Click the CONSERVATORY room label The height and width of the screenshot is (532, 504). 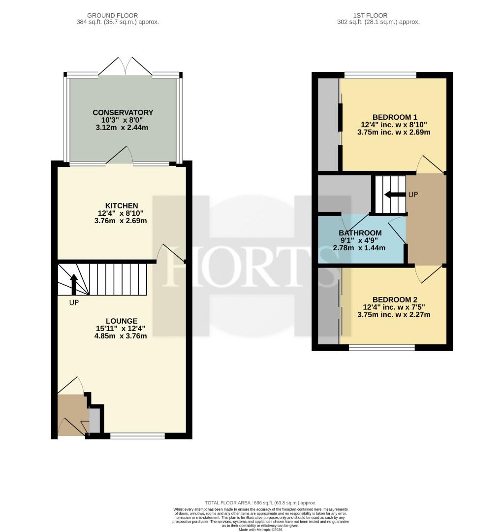123,112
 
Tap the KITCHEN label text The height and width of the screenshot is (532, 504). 122,205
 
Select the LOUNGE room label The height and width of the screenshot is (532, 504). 122,321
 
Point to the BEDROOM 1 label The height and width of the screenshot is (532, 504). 395,117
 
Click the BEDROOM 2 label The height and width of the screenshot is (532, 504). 395,299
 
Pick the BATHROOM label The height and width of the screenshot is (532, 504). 360,233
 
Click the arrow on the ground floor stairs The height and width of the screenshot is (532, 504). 73,284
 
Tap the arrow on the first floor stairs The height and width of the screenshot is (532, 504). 395,195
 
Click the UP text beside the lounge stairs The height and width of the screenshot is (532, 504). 74,302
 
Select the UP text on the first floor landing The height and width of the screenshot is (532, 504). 413,195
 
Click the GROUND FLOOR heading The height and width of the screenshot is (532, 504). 113,15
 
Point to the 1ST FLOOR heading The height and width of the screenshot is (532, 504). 370,15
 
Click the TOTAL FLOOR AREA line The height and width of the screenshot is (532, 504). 260,503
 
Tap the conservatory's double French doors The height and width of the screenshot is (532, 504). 126,66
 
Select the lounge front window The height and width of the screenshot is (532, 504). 138,436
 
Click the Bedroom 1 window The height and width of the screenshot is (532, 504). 380,75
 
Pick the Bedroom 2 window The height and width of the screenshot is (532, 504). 382,347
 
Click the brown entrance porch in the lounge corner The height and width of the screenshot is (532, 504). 71,415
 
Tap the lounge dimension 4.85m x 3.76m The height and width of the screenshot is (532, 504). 121,336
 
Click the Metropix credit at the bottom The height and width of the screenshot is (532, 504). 260,529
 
